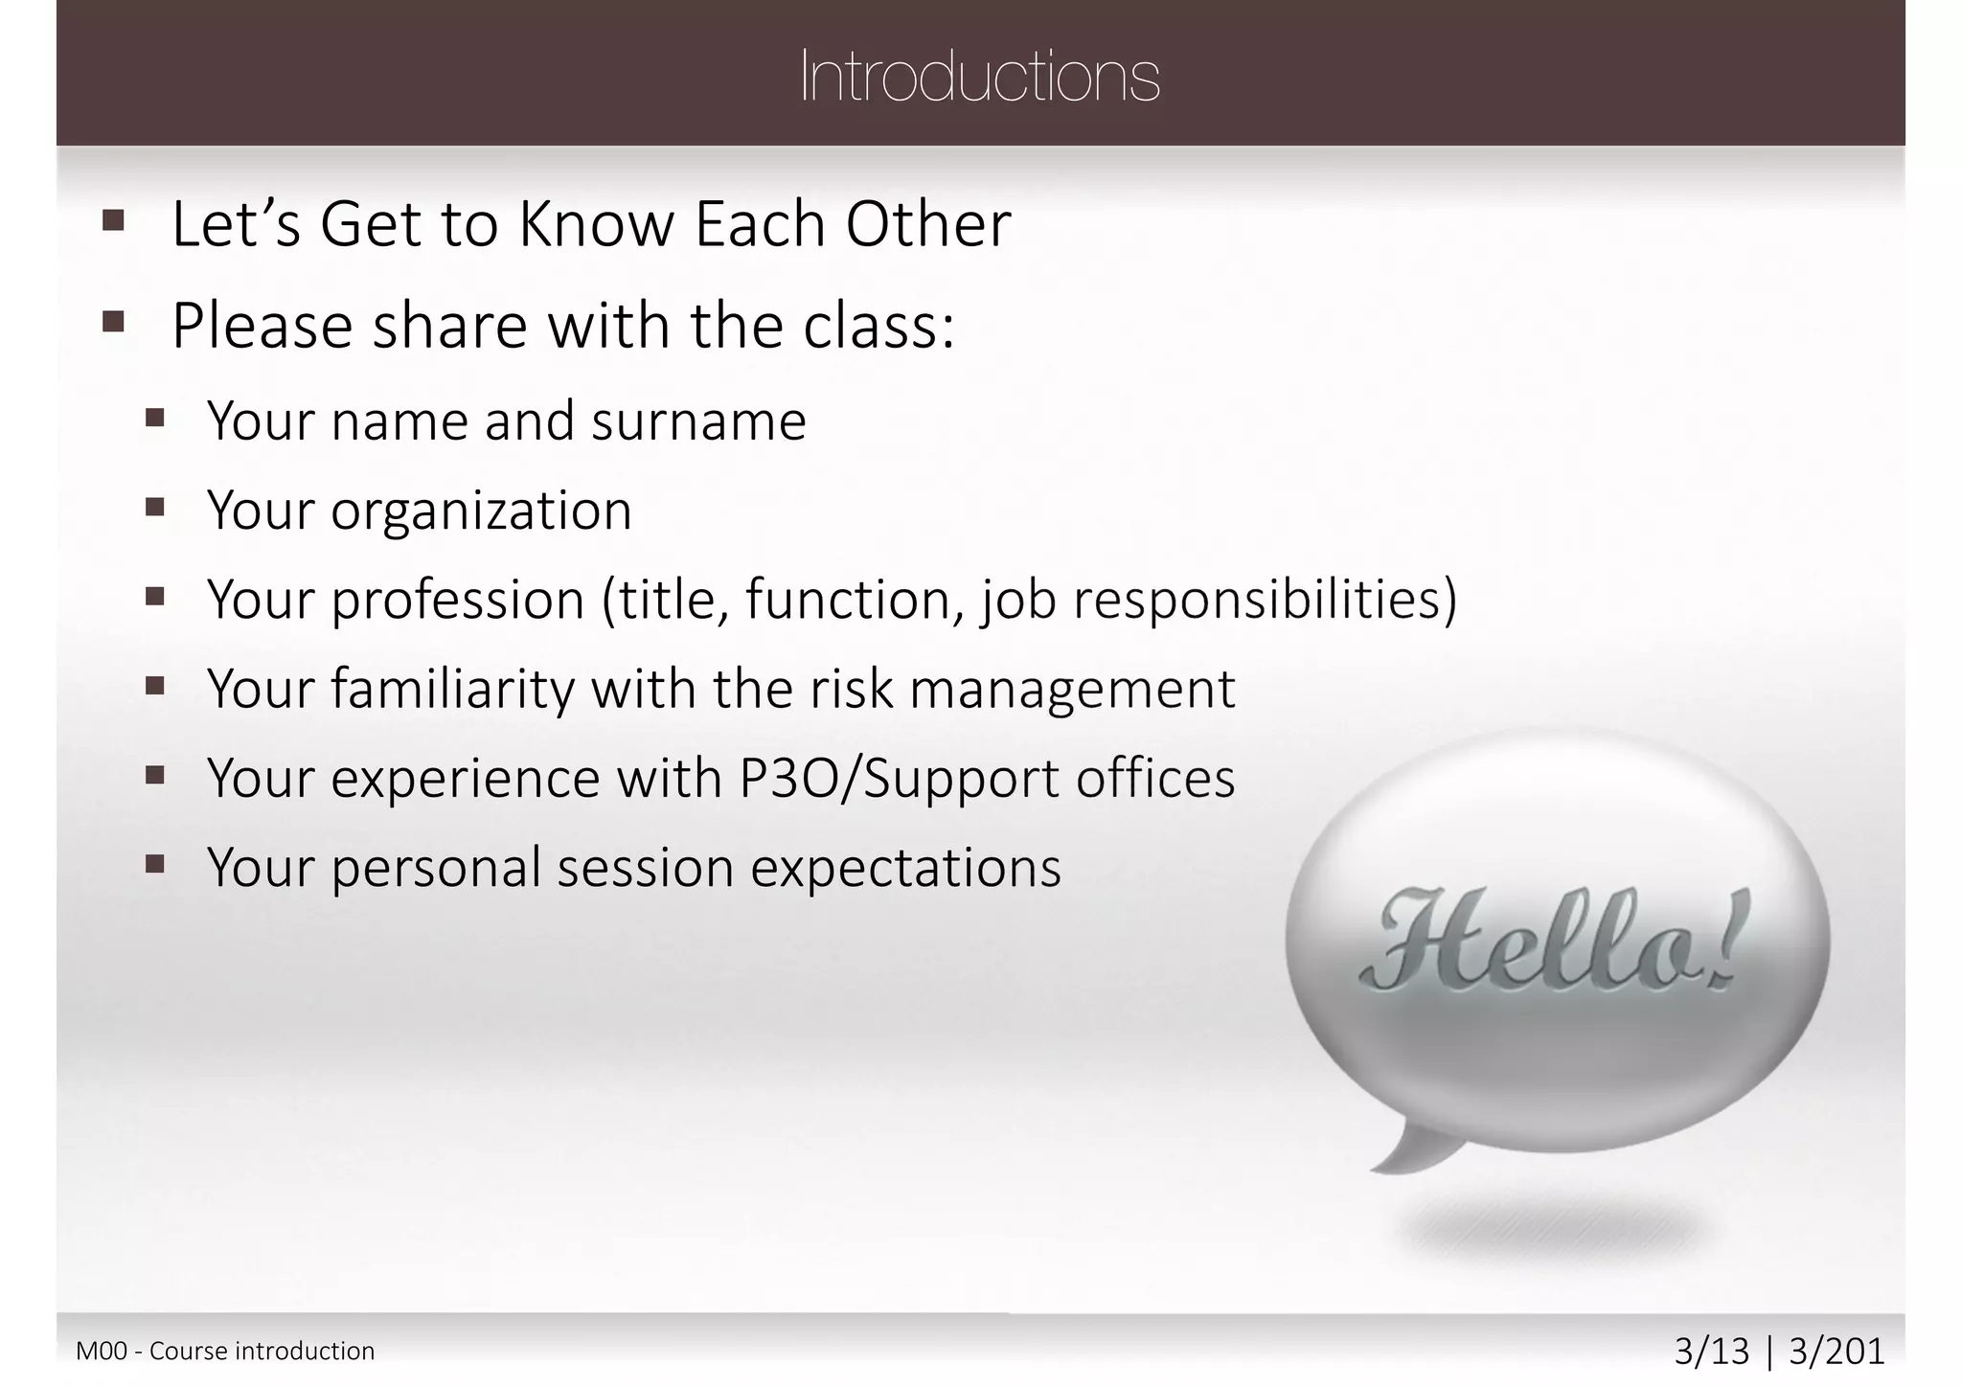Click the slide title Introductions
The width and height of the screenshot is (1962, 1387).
pyautogui.click(x=979, y=77)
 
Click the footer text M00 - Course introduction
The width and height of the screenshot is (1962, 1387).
pyautogui.click(x=225, y=1352)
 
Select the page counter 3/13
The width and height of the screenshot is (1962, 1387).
pyautogui.click(x=1711, y=1352)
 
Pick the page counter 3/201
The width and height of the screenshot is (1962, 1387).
pyautogui.click(x=1837, y=1352)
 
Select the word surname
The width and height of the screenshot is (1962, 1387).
pyautogui.click(x=698, y=421)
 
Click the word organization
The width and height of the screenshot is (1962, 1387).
pyautogui.click(x=481, y=511)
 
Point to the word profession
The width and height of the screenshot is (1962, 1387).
pyautogui.click(x=458, y=601)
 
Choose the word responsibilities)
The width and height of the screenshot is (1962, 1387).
pyautogui.click(x=1265, y=601)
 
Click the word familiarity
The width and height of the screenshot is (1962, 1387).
pyautogui.click(x=452, y=689)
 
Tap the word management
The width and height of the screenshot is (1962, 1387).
pyautogui.click(x=1072, y=689)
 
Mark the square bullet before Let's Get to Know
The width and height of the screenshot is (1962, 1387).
pyautogui.click(x=113, y=221)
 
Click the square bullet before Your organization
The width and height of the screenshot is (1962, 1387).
pyautogui.click(x=155, y=507)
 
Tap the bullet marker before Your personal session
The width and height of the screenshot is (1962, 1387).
pyautogui.click(x=155, y=865)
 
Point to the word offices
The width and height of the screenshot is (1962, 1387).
pyautogui.click(x=1155, y=778)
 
